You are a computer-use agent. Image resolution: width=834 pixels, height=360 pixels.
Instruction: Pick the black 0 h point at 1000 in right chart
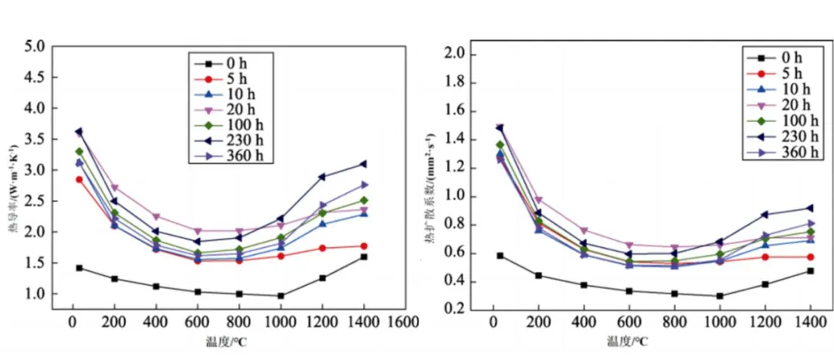point(720,295)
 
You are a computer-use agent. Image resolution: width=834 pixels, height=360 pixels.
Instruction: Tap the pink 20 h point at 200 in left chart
point(114,188)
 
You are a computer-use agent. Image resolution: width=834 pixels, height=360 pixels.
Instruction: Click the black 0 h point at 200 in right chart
point(539,275)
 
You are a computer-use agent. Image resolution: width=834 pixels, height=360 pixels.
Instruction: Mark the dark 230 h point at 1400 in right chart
point(810,208)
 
